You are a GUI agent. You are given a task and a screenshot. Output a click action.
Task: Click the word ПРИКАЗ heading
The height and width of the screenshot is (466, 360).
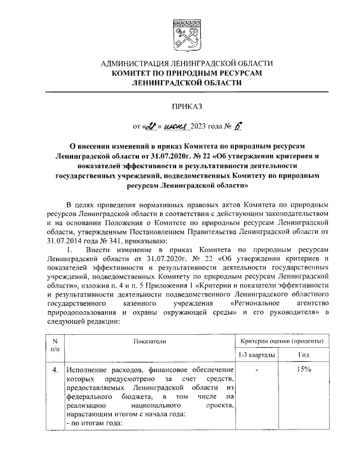(186, 105)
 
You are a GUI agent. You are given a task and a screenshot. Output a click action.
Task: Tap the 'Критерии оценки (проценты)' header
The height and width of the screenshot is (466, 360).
(281, 342)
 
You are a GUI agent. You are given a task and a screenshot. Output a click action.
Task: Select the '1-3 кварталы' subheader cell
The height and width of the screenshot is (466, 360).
(256, 356)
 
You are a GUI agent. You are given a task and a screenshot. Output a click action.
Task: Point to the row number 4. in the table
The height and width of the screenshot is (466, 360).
(55, 370)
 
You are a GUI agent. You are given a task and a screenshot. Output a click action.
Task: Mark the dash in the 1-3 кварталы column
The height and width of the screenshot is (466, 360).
(256, 370)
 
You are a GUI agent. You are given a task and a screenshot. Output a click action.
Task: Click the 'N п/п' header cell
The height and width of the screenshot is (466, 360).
(55, 346)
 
